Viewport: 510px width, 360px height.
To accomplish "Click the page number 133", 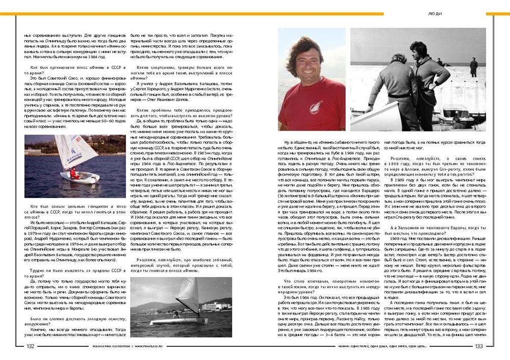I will click(479, 346).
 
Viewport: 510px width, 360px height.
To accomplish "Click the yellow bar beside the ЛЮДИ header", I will click(497, 14).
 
